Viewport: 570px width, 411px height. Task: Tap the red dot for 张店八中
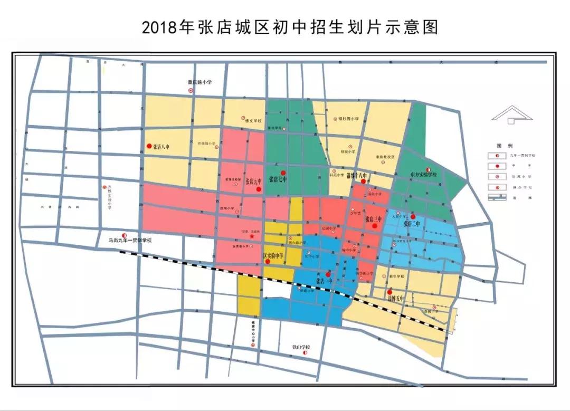[x=149, y=146]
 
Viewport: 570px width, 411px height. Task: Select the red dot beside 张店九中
[x=259, y=188]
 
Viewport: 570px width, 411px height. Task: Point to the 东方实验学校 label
[x=423, y=174]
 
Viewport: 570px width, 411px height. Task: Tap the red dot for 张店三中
[x=375, y=226]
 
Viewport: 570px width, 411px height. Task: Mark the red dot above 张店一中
[x=328, y=274]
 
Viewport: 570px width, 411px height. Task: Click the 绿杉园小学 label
[x=349, y=119]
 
